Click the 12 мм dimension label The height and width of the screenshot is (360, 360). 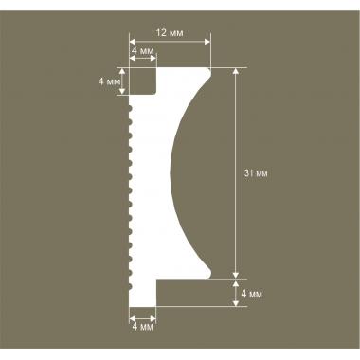pyautogui.click(x=170, y=33)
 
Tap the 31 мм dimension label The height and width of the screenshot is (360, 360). pyautogui.click(x=256, y=173)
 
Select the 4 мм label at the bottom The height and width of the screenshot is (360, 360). pyautogui.click(x=142, y=327)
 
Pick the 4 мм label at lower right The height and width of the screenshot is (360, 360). pyautogui.click(x=251, y=294)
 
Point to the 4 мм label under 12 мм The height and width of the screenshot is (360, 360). pyautogui.click(x=142, y=50)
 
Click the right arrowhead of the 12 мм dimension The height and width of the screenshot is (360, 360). pyautogui.click(x=207, y=42)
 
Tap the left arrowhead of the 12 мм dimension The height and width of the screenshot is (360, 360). pyautogui.click(x=133, y=42)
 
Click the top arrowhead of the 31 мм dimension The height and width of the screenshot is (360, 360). pyautogui.click(x=236, y=71)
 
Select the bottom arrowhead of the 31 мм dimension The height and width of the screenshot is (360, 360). pyautogui.click(x=236, y=276)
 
